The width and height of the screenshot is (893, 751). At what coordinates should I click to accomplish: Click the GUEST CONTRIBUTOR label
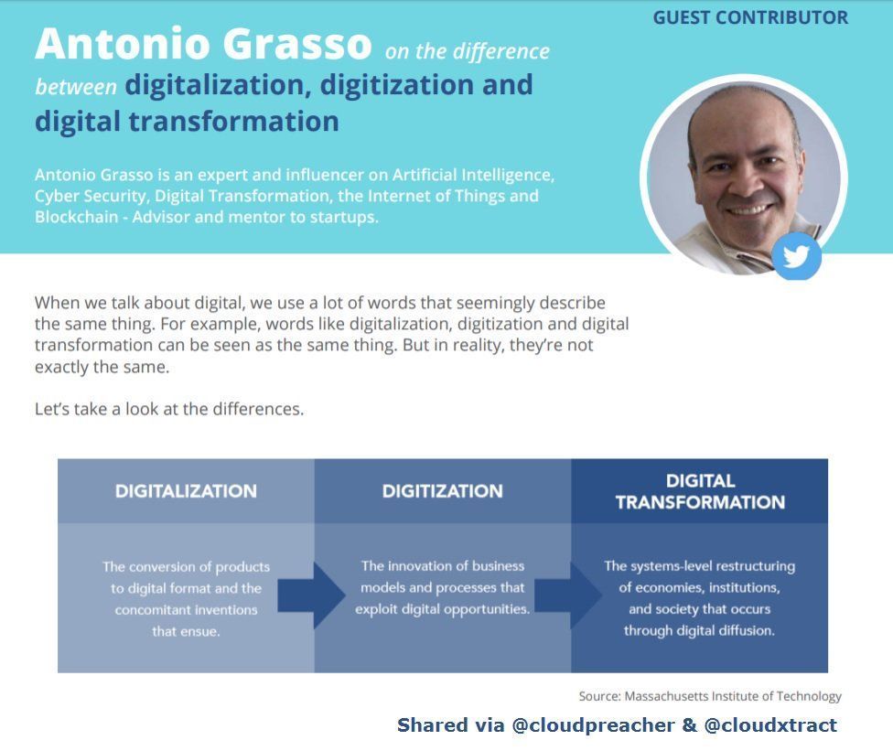tap(750, 17)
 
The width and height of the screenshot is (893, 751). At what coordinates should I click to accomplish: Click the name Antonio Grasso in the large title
tap(203, 44)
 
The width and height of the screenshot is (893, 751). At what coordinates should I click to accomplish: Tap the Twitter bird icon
tap(796, 256)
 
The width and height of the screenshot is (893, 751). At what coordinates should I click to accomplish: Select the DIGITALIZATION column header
tap(186, 491)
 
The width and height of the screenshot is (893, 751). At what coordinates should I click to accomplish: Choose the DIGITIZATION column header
tap(442, 491)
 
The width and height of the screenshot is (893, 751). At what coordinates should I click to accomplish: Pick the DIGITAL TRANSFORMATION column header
tap(700, 491)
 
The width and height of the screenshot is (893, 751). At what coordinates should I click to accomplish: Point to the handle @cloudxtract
tap(770, 725)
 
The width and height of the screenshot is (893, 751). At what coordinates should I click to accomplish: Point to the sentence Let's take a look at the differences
tap(169, 409)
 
